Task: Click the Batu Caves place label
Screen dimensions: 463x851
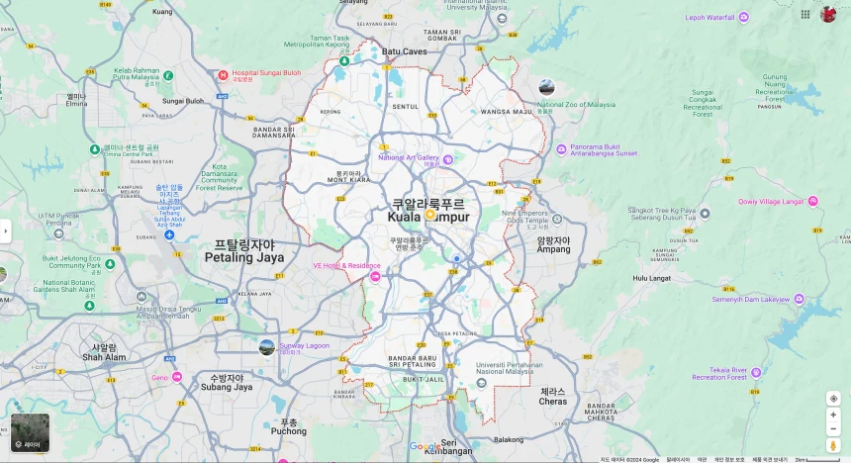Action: pyautogui.click(x=404, y=51)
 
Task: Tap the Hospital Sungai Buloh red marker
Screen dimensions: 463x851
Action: pyautogui.click(x=223, y=74)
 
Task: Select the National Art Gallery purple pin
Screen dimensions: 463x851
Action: pyautogui.click(x=447, y=159)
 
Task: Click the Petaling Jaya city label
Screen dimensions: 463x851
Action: pyautogui.click(x=244, y=251)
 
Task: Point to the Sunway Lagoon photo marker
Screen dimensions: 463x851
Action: pyautogui.click(x=267, y=346)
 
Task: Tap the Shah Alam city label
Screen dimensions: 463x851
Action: pyautogui.click(x=104, y=352)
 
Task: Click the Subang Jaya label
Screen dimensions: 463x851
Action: pyautogui.click(x=227, y=382)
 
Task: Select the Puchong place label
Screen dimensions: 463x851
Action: pyautogui.click(x=288, y=426)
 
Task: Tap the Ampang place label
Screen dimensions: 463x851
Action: pyautogui.click(x=553, y=244)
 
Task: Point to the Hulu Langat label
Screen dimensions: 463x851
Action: pyautogui.click(x=652, y=278)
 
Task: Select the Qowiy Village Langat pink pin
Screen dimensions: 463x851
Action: pyautogui.click(x=812, y=201)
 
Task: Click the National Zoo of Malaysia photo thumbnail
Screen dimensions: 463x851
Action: pyautogui.click(x=547, y=87)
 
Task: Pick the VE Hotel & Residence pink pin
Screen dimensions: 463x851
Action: pyautogui.click(x=375, y=277)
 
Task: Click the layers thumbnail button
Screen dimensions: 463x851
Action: pyautogui.click(x=30, y=433)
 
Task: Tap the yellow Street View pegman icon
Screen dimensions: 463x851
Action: pyautogui.click(x=833, y=445)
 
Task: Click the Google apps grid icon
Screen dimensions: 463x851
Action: pyautogui.click(x=805, y=14)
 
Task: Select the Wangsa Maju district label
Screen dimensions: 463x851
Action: pyautogui.click(x=507, y=112)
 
